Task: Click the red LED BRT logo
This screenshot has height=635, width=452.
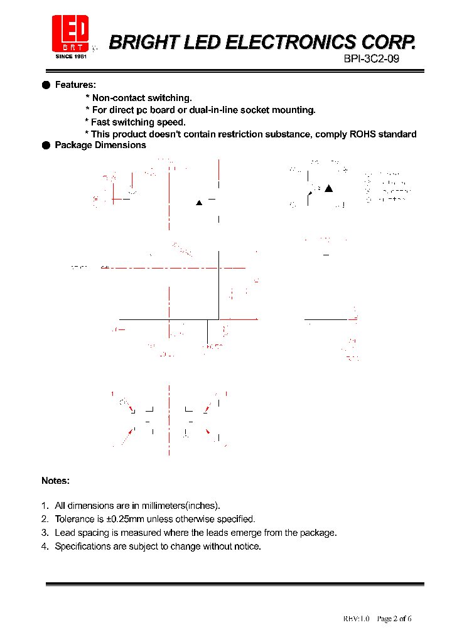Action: [70, 34]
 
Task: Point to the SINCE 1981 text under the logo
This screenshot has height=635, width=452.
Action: [70, 56]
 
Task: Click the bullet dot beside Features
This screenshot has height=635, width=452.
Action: [46, 85]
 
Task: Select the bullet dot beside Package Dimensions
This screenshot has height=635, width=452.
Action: [46, 145]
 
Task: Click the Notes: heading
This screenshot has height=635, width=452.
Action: [55, 481]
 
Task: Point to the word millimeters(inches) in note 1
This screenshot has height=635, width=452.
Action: [179, 505]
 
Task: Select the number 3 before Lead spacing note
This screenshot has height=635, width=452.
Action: [44, 533]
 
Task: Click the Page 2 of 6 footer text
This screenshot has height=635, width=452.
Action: [394, 619]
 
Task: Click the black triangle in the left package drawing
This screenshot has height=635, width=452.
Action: [199, 203]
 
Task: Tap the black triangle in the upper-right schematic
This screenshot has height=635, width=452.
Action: [328, 188]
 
